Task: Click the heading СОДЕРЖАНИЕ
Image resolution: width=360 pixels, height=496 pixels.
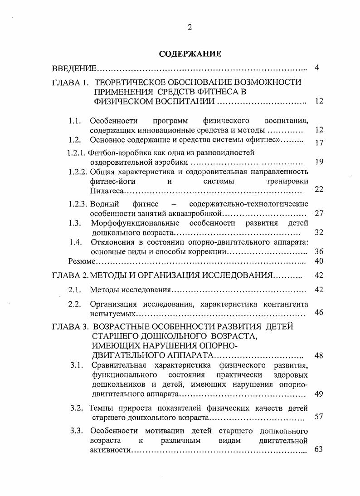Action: [190, 54]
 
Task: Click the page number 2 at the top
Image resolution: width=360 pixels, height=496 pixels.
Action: [190, 27]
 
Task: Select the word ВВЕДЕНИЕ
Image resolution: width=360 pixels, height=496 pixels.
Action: [74, 69]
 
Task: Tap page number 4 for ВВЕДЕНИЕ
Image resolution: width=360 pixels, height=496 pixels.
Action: [317, 68]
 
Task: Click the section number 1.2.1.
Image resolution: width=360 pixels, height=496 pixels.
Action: [77, 152]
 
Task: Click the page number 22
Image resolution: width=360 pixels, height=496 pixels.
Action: [319, 189]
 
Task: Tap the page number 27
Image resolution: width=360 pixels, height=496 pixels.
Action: [319, 213]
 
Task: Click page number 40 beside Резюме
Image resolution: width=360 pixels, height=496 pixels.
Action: [319, 261]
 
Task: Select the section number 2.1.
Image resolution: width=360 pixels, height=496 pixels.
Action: [74, 290]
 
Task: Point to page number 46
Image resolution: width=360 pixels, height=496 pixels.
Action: [319, 312]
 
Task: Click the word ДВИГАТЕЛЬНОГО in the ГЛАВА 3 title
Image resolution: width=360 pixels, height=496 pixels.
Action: [122, 355]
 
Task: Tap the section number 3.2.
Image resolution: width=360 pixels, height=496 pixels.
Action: [77, 408]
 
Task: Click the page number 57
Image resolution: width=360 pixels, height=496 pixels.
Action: [319, 416]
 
